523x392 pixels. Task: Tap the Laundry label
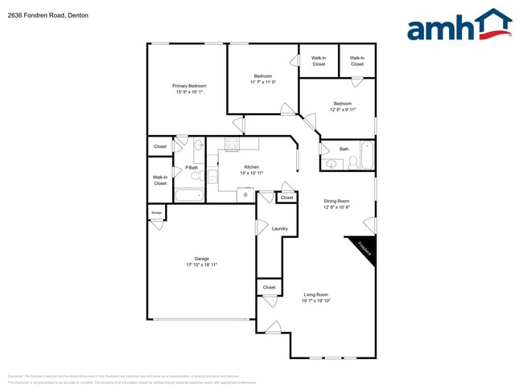click(280, 229)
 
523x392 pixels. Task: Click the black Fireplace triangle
click(362, 248)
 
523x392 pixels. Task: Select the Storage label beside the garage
click(157, 213)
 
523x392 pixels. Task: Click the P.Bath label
click(191, 167)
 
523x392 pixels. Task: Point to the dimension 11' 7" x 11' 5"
click(263, 82)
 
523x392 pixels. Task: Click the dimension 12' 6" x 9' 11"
click(343, 109)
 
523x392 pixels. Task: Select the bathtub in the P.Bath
click(190, 194)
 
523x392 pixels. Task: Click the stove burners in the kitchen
click(232, 145)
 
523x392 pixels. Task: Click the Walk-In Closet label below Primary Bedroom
click(160, 180)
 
